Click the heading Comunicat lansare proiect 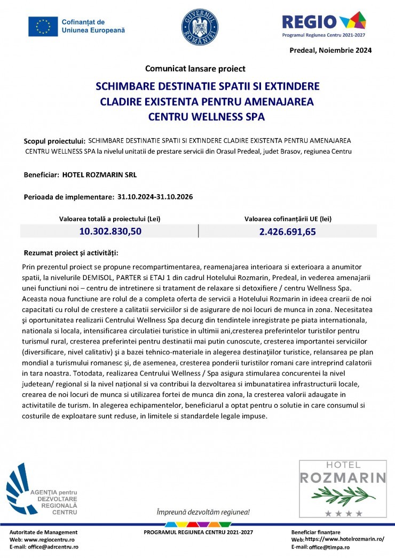[x=195, y=68]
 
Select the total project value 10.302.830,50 [x=110, y=231]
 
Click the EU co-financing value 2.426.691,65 [x=288, y=231]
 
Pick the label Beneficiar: [x=41, y=174]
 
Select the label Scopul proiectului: [x=54, y=141]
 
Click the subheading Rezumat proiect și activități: [x=72, y=252]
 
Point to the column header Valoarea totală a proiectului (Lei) [x=110, y=219]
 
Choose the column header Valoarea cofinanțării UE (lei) [x=288, y=219]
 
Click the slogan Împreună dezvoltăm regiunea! [x=203, y=512]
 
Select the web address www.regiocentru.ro [x=49, y=539]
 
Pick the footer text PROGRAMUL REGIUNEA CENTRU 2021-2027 [x=199, y=532]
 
